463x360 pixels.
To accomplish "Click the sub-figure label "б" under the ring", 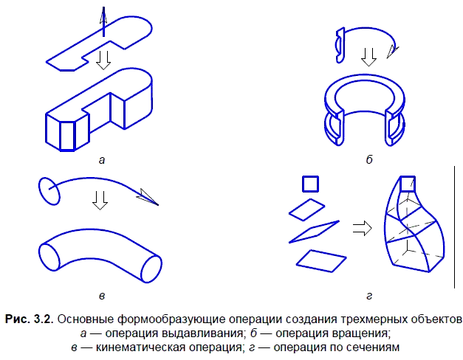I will pos(368,159).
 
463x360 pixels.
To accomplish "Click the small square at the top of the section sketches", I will pos(310,183).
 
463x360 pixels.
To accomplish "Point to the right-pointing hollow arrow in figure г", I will pos(361,228).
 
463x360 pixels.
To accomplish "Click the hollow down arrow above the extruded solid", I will pos(106,59).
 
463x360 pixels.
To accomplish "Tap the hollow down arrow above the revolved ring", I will pos(368,55).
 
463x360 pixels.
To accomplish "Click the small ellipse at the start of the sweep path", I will pos(47,190).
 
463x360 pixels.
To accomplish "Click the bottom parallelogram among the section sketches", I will pos(320,260).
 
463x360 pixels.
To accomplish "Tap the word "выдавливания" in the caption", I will pos(201,333).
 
